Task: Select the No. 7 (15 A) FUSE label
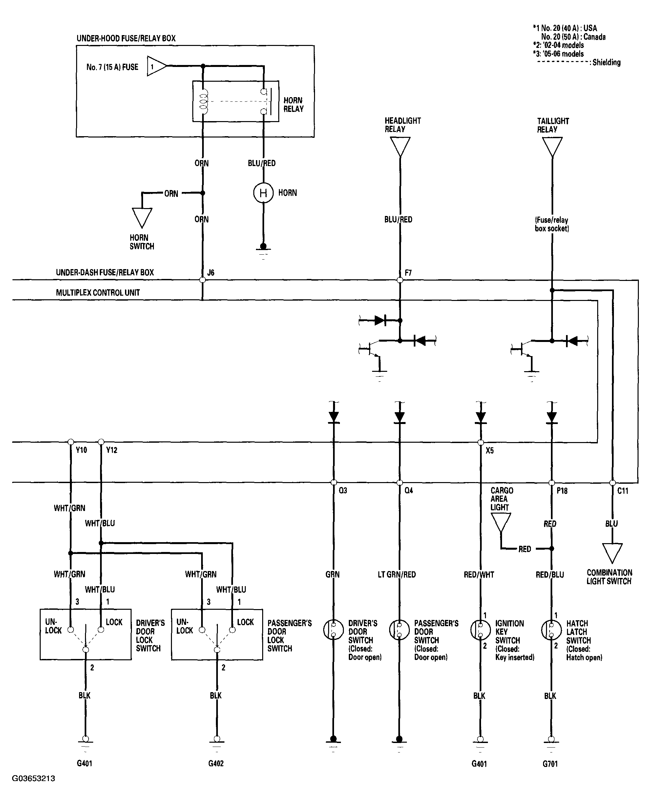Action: point(112,67)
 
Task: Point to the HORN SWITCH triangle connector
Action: point(142,218)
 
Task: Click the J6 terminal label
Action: point(211,273)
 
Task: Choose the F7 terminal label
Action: point(408,273)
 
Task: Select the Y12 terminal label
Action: point(112,450)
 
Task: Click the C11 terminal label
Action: point(622,491)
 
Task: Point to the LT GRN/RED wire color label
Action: point(397,575)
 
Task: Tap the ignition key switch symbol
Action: point(480,630)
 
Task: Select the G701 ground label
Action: point(550,764)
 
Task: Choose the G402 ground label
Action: point(216,763)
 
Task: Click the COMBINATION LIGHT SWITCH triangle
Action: point(612,553)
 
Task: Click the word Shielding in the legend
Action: point(606,62)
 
